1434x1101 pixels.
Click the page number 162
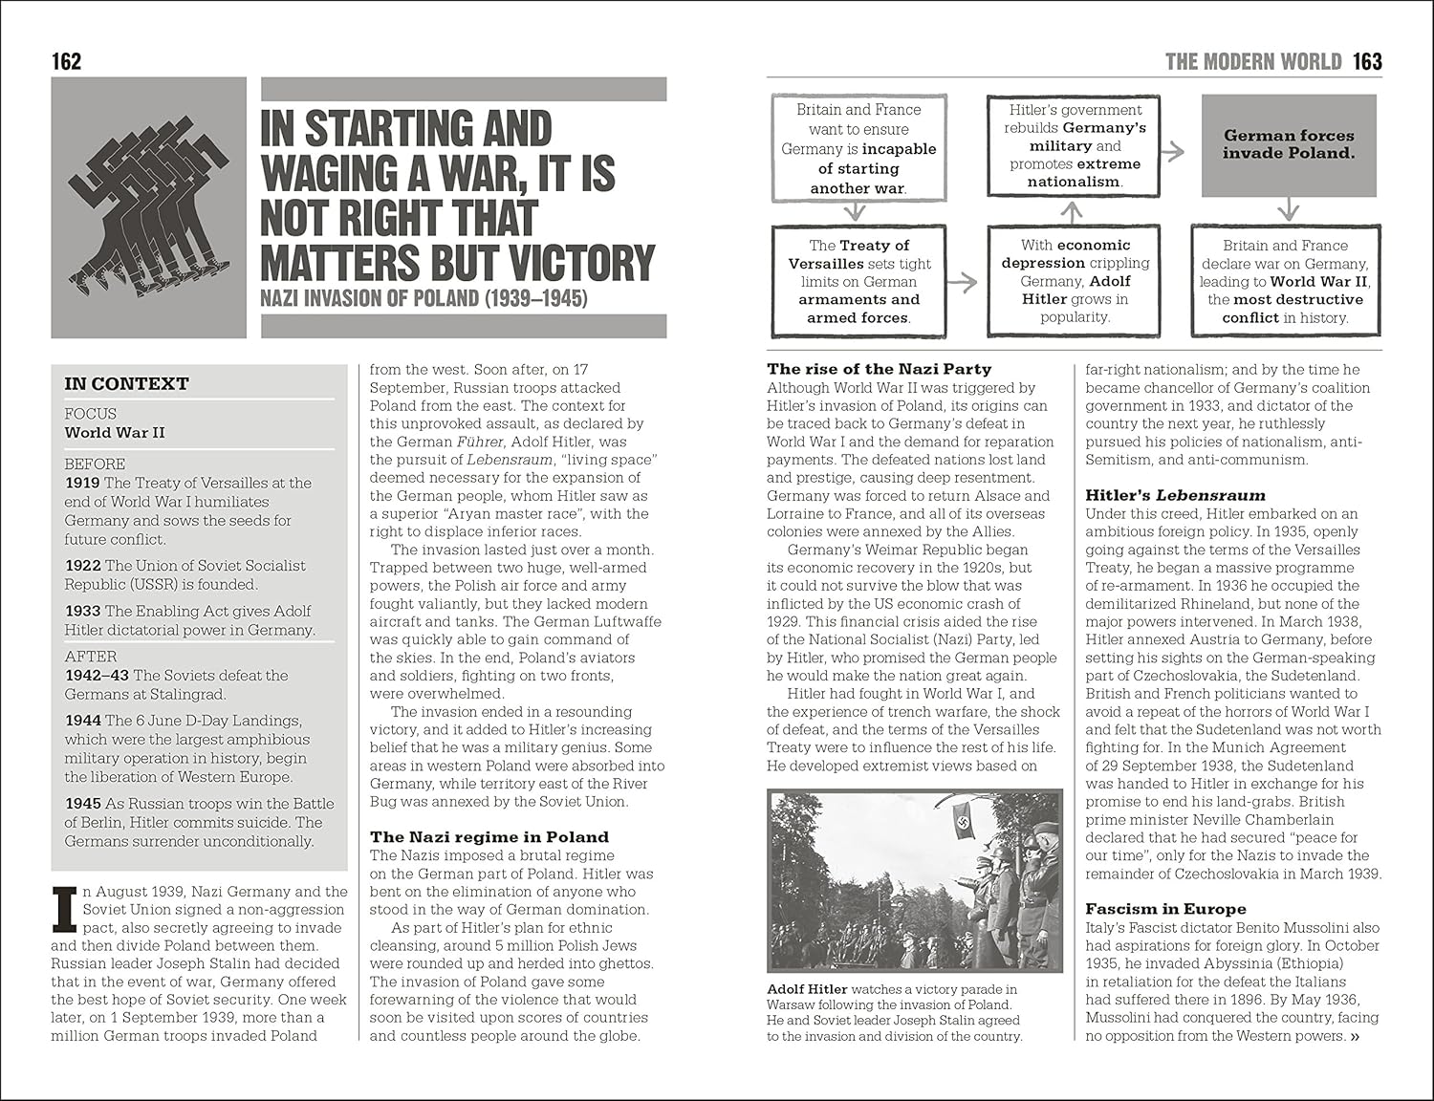(66, 62)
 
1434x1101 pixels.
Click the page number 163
(1367, 62)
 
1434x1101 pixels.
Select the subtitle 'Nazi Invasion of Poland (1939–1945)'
(424, 298)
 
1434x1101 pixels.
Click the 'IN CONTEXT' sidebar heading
(126, 384)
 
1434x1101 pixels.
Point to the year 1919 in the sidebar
(82, 483)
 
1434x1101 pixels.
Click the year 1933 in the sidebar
(82, 611)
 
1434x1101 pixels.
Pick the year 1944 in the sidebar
(82, 721)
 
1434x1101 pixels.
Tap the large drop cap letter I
(64, 909)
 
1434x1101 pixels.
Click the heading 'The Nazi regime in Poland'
(489, 837)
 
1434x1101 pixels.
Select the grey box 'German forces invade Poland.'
(1289, 145)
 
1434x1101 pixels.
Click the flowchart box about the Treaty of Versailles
(858, 281)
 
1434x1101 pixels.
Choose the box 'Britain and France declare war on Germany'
(1285, 281)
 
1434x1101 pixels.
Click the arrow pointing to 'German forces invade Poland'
(1172, 151)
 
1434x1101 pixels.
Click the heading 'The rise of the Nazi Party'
(879, 369)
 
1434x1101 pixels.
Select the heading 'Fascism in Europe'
(1165, 909)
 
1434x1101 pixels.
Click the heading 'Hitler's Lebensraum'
(1175, 495)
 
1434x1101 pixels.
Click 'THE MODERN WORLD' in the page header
(1252, 62)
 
